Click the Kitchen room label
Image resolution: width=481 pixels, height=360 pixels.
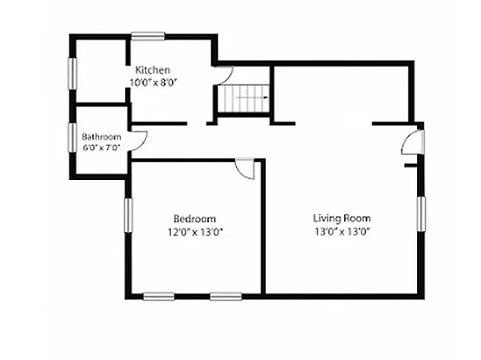[x=153, y=70]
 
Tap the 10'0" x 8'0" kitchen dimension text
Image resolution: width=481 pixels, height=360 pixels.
[x=154, y=83]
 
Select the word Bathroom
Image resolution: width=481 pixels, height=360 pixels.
[x=102, y=137]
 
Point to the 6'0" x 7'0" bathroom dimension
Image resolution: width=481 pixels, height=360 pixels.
[x=101, y=148]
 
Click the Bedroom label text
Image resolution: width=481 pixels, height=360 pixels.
[x=195, y=219]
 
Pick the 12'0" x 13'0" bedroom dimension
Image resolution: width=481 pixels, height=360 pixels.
[x=195, y=232]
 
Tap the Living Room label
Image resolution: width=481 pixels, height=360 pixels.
[x=341, y=219]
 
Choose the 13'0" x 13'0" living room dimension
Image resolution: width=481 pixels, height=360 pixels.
[x=342, y=231]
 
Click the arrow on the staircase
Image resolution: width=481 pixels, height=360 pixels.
[x=251, y=97]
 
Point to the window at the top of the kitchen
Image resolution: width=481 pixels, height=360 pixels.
[x=148, y=37]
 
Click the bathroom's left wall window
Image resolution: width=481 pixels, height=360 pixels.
[x=72, y=138]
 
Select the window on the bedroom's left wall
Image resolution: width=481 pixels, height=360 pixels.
[x=129, y=215]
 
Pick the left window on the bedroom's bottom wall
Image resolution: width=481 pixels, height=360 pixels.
[x=159, y=296]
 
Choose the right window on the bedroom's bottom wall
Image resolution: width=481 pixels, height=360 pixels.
[x=226, y=296]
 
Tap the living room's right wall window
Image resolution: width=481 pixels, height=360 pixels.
[x=422, y=214]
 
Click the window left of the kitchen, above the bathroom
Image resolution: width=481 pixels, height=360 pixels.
[x=72, y=74]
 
